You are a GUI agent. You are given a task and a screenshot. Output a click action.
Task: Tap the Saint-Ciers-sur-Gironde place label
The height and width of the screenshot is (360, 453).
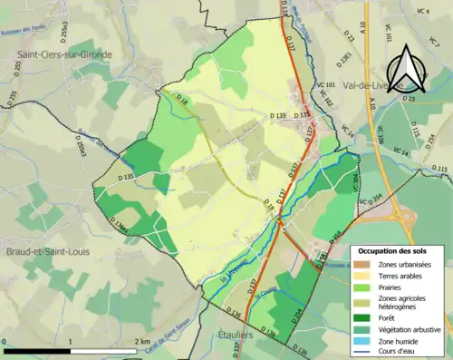(60, 55)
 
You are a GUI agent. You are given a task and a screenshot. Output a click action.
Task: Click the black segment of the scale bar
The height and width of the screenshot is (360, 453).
(36, 351)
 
